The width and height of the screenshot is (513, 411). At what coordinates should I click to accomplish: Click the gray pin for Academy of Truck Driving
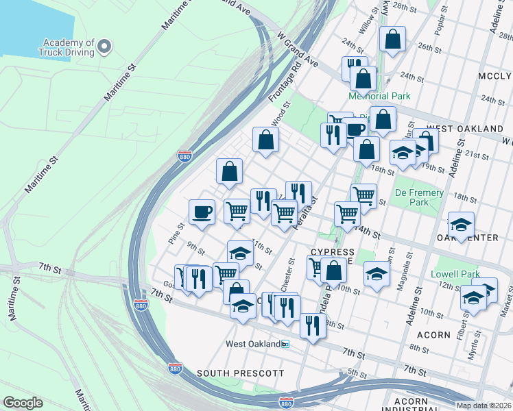[104, 46]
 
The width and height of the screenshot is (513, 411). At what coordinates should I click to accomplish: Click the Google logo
[23, 403]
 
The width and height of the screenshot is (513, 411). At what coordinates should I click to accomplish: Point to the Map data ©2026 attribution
[484, 406]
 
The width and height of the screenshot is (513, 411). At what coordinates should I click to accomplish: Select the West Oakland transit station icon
[285, 343]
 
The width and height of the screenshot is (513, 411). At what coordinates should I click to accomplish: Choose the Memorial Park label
[379, 97]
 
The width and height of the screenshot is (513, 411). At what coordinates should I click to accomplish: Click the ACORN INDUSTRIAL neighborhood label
[416, 405]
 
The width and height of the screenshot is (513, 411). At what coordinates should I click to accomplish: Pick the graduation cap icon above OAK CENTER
[461, 224]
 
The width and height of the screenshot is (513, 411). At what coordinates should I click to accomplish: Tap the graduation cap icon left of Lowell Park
[377, 273]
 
